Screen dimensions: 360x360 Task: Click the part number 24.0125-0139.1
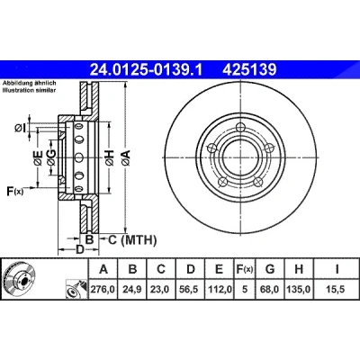[147, 70]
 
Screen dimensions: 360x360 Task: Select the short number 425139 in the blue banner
[249, 70]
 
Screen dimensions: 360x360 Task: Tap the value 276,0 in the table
[103, 289]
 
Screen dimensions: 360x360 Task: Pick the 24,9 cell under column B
[132, 289]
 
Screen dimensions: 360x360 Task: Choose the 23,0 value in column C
[161, 289]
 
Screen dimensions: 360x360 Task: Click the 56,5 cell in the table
[190, 289]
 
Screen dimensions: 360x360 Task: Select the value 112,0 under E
[220, 289]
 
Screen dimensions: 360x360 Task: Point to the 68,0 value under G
[270, 289]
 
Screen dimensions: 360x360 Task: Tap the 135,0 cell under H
[299, 289]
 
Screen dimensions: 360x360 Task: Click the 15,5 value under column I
[336, 289]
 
